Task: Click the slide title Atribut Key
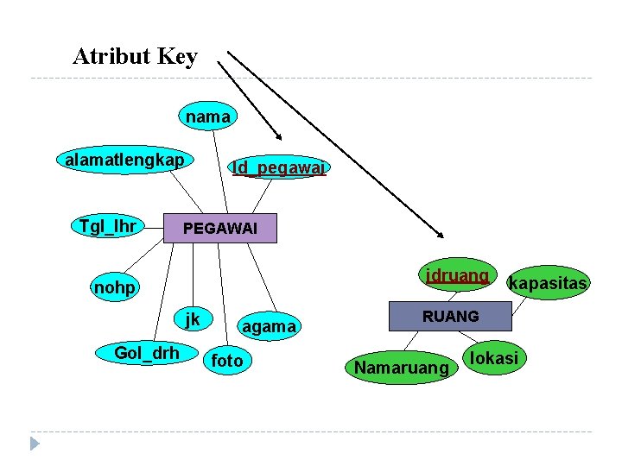(x=136, y=57)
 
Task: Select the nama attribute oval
(x=207, y=116)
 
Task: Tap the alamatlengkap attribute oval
(x=124, y=161)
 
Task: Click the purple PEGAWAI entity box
(x=221, y=229)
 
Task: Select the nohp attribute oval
(x=115, y=287)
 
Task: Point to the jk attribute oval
(x=192, y=319)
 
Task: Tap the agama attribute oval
(x=269, y=326)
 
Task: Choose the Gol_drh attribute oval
(x=147, y=352)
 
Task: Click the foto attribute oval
(x=227, y=361)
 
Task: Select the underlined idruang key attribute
(x=457, y=276)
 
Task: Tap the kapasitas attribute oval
(x=548, y=283)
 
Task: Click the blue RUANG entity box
(x=450, y=317)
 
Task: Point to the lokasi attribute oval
(x=494, y=358)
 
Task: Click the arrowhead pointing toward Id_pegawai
(x=278, y=135)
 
